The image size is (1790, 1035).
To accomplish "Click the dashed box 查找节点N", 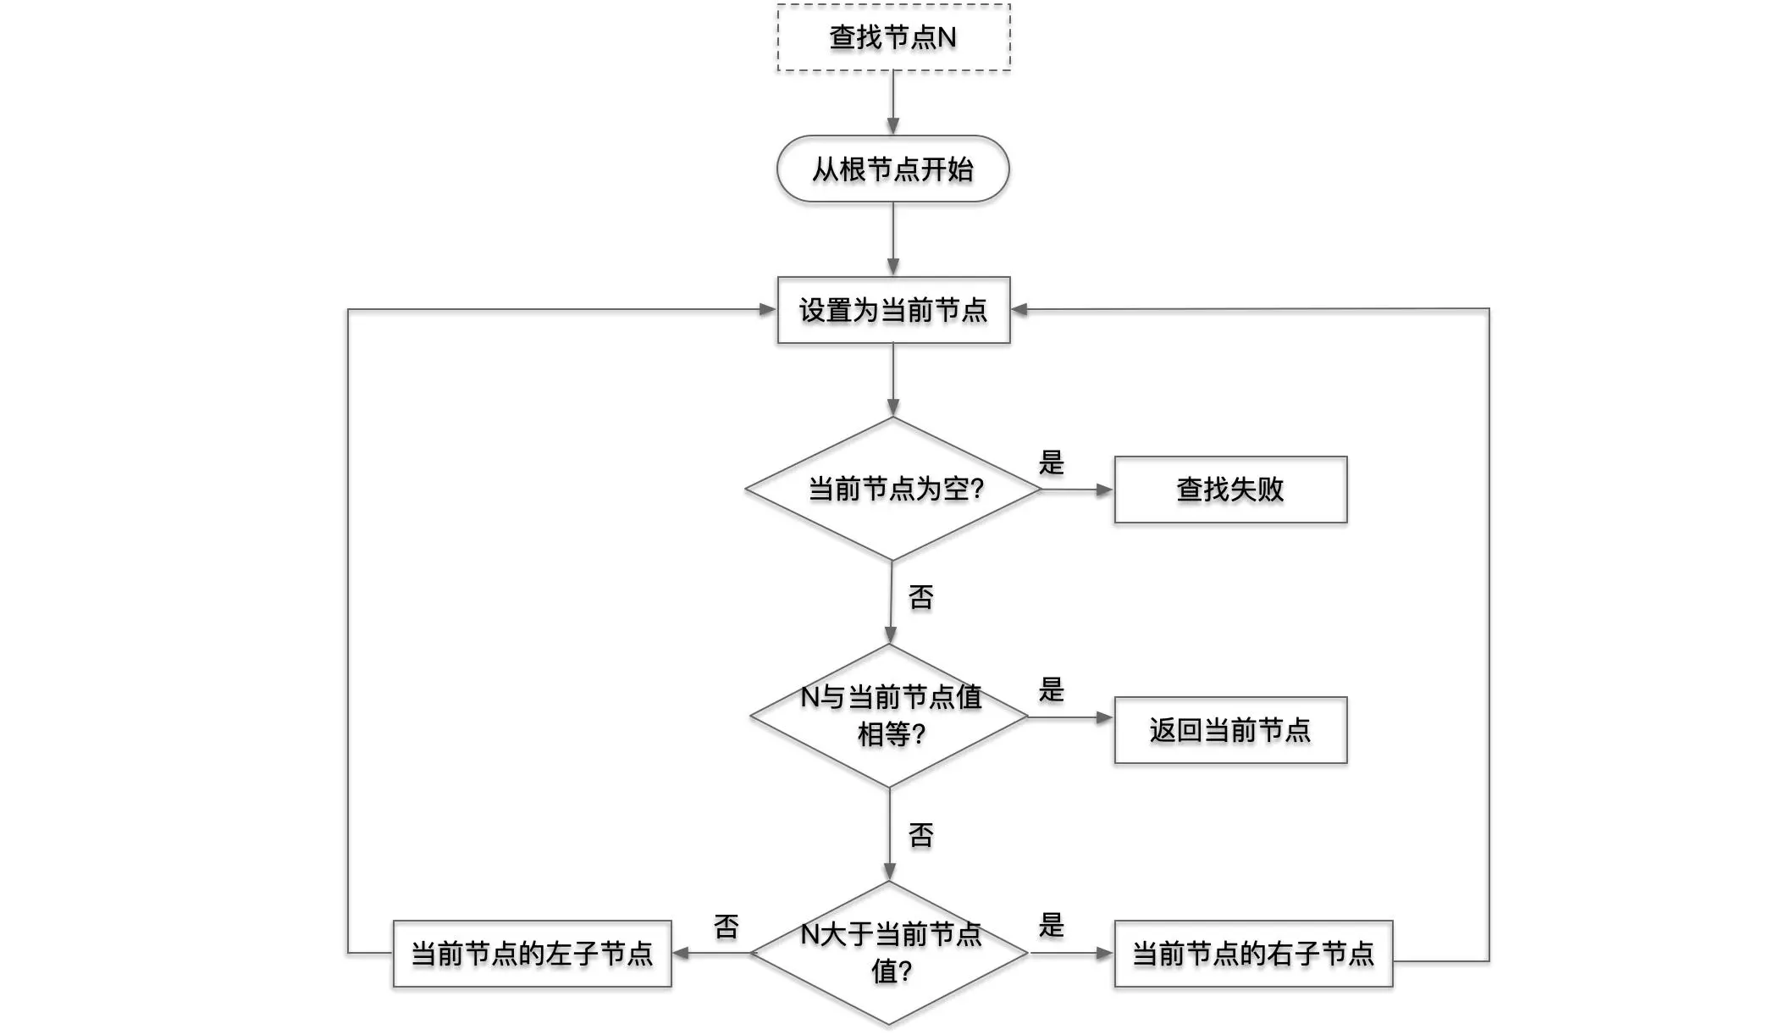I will click(x=893, y=38).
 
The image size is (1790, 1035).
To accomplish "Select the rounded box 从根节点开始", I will click(x=892, y=169).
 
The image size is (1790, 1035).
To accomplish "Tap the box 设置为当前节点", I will click(x=893, y=310).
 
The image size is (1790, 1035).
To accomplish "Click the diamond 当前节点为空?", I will click(x=893, y=489).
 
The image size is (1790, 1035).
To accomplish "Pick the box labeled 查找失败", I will click(x=1229, y=490).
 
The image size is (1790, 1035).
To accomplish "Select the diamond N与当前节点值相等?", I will click(x=890, y=716).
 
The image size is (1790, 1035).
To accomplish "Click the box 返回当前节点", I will click(x=1229, y=730).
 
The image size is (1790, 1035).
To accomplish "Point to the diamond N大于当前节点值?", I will click(x=890, y=953).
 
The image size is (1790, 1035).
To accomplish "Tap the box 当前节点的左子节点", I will click(x=532, y=954).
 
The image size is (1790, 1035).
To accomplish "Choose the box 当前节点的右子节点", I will click(x=1253, y=954).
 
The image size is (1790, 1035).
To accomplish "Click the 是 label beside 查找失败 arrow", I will click(x=1051, y=462).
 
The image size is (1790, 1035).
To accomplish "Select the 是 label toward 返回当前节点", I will click(x=1051, y=690).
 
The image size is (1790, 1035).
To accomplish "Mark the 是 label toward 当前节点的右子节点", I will click(x=1051, y=926).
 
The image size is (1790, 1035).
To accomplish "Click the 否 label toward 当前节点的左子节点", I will click(x=726, y=927).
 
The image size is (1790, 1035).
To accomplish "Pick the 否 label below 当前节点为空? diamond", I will click(x=920, y=598).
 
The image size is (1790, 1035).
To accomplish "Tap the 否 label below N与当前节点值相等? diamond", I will click(x=920, y=836).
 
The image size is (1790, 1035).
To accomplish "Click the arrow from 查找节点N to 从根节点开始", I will click(x=892, y=102).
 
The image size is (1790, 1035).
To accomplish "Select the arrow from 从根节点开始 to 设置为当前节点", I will click(x=892, y=238).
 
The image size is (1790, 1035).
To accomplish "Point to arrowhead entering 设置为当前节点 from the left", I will click(x=767, y=310).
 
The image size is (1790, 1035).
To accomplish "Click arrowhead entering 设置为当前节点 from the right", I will click(x=1020, y=310).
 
